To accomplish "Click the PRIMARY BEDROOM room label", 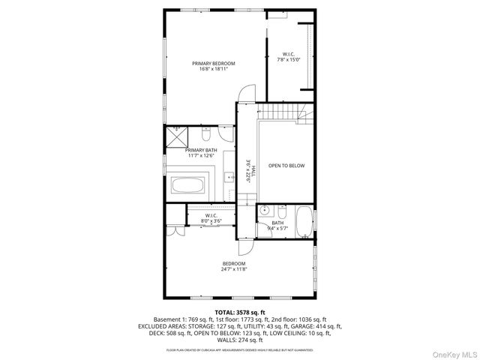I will [x=213, y=64].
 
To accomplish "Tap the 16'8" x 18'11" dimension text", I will [x=213, y=70].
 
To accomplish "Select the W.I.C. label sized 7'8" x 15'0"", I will [x=289, y=54].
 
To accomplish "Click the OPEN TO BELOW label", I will [x=286, y=166].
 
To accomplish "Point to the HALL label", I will [x=253, y=170].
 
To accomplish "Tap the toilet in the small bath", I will [x=282, y=210].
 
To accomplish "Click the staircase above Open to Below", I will [x=283, y=112].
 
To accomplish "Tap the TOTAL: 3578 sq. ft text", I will [x=240, y=311].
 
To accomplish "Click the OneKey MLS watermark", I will [x=452, y=351].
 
